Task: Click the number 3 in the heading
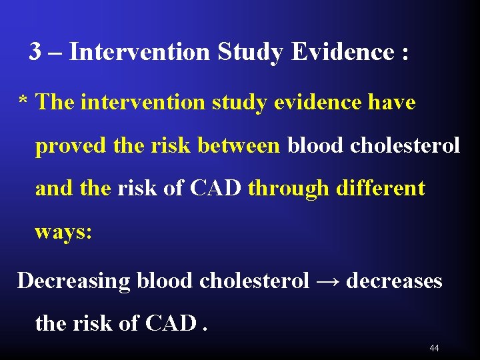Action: pyautogui.click(x=35, y=51)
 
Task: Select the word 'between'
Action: pyautogui.click(x=239, y=145)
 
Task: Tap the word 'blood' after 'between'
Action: pyautogui.click(x=316, y=145)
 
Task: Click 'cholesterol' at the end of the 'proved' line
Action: pyautogui.click(x=405, y=145)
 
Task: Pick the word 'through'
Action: pyautogui.click(x=288, y=189)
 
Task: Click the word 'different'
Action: pyautogui.click(x=380, y=188)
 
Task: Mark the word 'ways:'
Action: pyautogui.click(x=63, y=232)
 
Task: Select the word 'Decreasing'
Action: pyautogui.click(x=73, y=281)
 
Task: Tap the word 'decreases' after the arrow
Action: pyautogui.click(x=394, y=281)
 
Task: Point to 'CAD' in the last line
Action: pyautogui.click(x=171, y=323)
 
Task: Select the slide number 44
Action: pyautogui.click(x=434, y=348)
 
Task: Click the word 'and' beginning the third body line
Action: pyautogui.click(x=55, y=188)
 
